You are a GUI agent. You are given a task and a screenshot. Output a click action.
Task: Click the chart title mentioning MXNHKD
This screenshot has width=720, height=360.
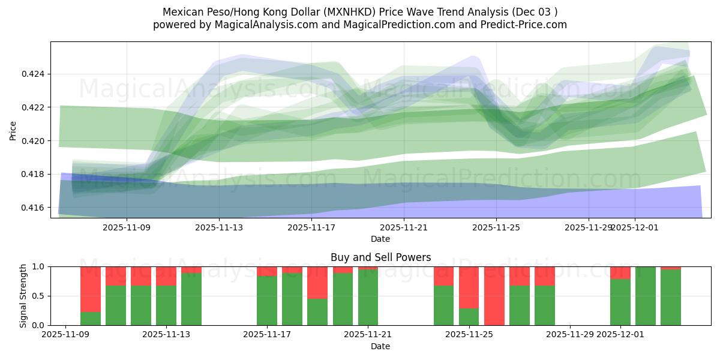[x=359, y=12]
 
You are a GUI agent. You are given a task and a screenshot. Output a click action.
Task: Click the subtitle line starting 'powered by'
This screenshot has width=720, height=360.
[x=359, y=25]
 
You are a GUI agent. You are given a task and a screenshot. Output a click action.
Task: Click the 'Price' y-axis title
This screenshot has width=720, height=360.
[x=13, y=130]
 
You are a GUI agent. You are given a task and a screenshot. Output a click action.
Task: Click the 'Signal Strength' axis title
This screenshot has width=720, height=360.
[x=23, y=296]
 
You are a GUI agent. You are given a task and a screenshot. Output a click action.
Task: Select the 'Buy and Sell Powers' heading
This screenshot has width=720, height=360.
[x=380, y=257]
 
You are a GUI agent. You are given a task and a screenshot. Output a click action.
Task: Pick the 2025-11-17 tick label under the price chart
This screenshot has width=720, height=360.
[x=311, y=227]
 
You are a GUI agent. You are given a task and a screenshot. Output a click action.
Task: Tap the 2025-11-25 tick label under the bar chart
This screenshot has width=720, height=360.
[x=469, y=335]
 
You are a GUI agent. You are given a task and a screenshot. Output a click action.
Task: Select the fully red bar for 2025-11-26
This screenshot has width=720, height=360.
[x=494, y=296]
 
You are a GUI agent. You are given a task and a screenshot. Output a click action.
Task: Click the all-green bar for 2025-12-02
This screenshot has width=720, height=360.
[x=646, y=296]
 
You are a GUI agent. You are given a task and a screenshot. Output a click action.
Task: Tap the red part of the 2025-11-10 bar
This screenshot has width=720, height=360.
[x=91, y=288]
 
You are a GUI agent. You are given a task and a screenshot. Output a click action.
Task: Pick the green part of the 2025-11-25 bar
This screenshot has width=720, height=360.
[x=469, y=317]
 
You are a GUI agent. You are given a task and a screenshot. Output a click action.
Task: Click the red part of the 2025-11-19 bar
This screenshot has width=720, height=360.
[x=317, y=282]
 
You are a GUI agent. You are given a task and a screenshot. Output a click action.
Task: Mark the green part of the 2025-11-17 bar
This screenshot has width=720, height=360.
[x=267, y=300]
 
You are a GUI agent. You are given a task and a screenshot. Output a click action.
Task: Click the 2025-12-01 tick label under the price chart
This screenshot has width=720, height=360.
[x=635, y=227]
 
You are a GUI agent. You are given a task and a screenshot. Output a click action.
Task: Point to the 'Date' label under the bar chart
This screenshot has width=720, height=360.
[x=380, y=346]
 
